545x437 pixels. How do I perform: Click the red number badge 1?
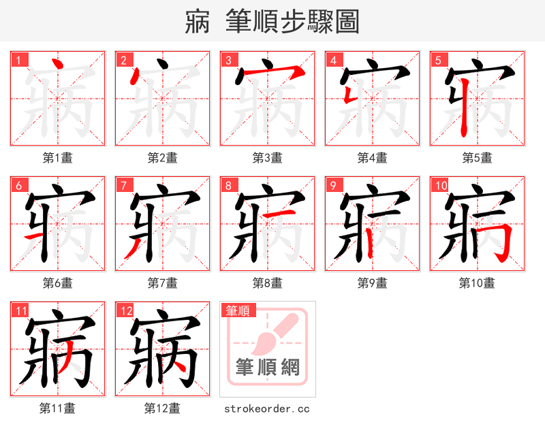18,60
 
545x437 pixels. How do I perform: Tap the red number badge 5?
438,60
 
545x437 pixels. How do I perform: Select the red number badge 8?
228,185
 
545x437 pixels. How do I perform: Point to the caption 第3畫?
267,158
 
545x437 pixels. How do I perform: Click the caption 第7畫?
162,283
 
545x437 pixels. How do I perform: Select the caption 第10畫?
477,283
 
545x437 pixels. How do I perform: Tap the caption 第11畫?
57,408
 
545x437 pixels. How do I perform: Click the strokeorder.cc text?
267,408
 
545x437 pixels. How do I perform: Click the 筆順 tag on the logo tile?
237,310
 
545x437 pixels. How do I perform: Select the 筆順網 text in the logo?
268,368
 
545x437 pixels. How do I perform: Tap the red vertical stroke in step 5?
464,109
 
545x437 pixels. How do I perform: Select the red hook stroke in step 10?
501,238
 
